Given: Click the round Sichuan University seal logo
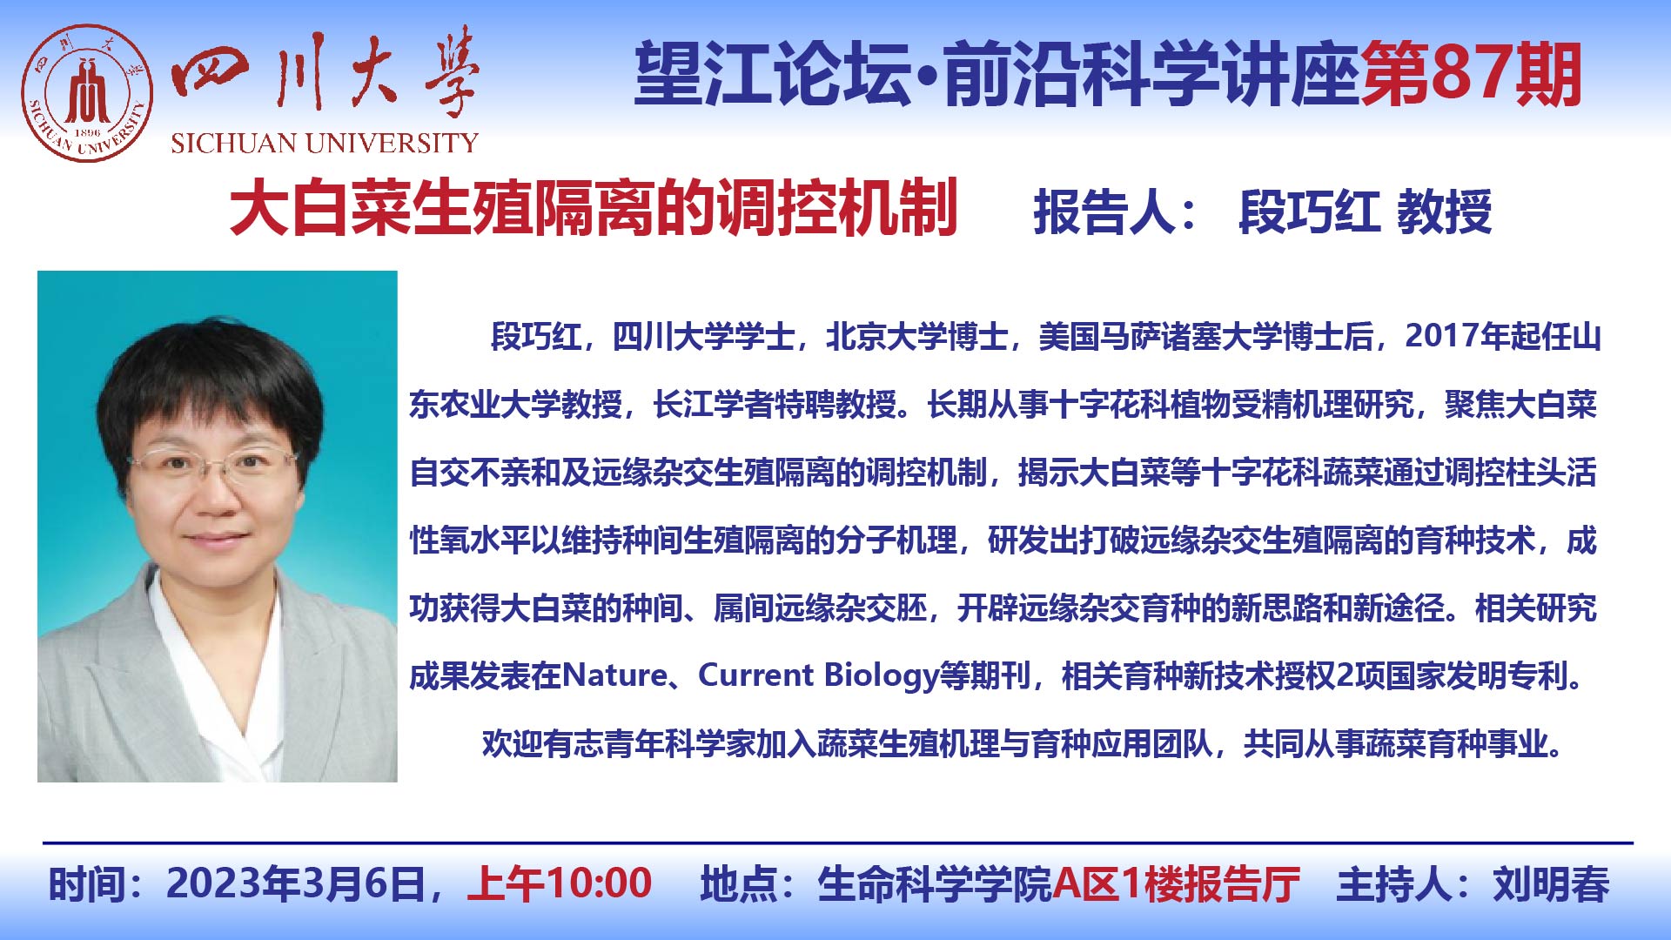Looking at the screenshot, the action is click(x=87, y=93).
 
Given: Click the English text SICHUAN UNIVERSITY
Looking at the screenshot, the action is click(x=325, y=144).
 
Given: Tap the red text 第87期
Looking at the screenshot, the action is click(x=1471, y=75).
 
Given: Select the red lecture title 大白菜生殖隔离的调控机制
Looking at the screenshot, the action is click(x=594, y=209).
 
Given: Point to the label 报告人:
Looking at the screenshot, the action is click(x=1115, y=212).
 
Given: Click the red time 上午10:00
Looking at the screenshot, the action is click(x=560, y=883).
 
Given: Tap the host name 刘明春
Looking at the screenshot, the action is click(x=1551, y=884).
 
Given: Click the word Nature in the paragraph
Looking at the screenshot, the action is click(x=614, y=675).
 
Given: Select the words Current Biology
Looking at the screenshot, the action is click(x=817, y=675).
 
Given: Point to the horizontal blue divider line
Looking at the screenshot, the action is click(x=837, y=843).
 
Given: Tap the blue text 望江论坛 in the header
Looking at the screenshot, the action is click(x=773, y=75).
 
